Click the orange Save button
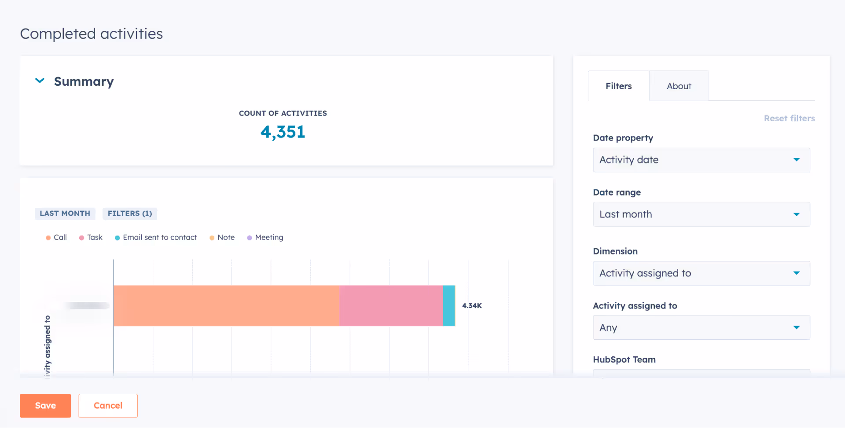45,405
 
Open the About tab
679,86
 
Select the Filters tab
618,86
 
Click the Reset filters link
789,118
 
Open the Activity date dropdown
701,160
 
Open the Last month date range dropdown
701,214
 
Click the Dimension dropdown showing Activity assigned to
701,273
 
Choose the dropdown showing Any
701,328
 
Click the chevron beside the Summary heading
40,81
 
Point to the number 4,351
283,132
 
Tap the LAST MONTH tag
65,214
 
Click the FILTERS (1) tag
130,214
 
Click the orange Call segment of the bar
226,306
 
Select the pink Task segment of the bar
391,306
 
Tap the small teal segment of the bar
449,306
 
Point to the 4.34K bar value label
472,306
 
